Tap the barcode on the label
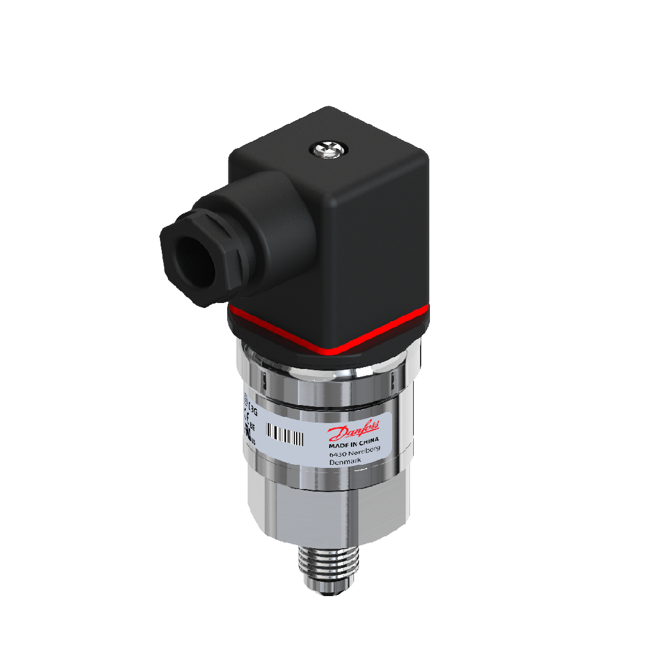(x=285, y=434)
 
